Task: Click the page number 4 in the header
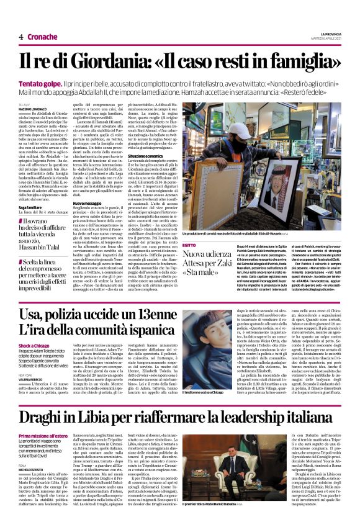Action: coord(20,37)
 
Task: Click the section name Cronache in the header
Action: coord(42,37)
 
